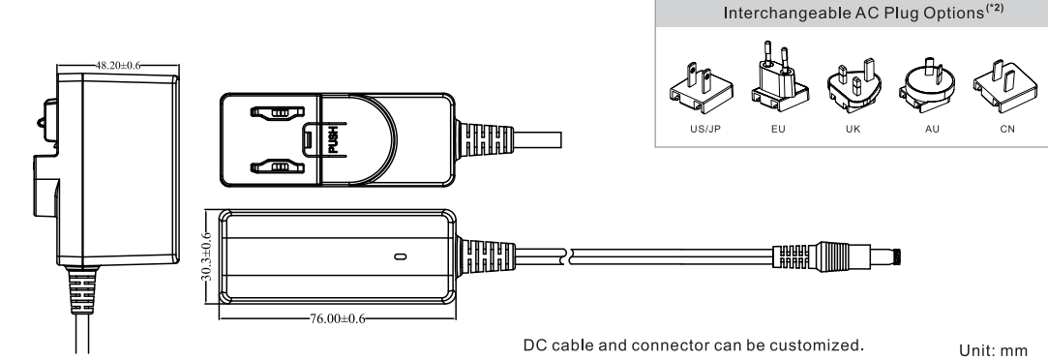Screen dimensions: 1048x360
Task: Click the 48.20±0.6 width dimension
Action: [118, 66]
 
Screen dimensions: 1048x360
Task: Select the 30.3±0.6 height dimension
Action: [207, 256]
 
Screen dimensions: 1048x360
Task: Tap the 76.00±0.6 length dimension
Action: [338, 318]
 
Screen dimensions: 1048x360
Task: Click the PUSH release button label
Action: [333, 140]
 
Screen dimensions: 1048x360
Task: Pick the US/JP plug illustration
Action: [702, 90]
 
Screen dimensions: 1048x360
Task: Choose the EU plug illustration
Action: [779, 77]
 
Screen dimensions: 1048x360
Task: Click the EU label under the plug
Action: [778, 129]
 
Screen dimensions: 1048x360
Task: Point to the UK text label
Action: [853, 129]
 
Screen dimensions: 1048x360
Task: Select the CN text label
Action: [1007, 129]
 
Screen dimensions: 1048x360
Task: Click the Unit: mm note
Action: [993, 350]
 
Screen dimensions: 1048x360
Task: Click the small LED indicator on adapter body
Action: [401, 256]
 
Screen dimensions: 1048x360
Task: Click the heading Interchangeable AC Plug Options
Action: [854, 14]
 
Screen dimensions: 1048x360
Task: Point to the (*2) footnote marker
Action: [995, 9]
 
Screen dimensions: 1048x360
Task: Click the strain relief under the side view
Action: [81, 290]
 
